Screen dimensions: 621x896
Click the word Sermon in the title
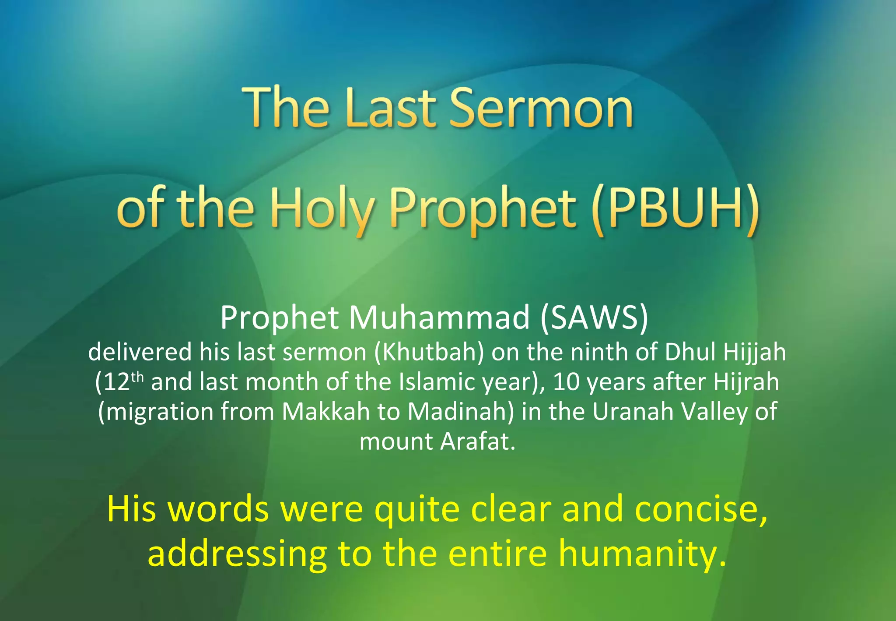[x=541, y=108]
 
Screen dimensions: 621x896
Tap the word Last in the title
[x=390, y=108]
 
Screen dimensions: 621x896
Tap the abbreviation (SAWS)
[x=594, y=317]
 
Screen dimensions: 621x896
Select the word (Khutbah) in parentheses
[x=429, y=352]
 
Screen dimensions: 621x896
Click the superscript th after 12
[x=137, y=377]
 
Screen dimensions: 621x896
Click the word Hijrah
[x=746, y=382]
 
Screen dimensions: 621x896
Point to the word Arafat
[x=478, y=441]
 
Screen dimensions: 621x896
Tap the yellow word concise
[x=701, y=509]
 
